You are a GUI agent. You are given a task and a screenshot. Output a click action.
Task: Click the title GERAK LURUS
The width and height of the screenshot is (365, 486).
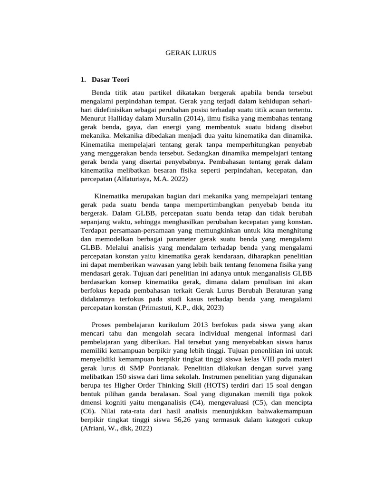pyautogui.click(x=191, y=53)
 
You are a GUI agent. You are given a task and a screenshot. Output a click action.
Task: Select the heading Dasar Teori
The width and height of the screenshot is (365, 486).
pyautogui.click(x=111, y=79)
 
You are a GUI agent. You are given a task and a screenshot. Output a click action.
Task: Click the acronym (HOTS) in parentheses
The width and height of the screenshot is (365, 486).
pyautogui.click(x=219, y=386)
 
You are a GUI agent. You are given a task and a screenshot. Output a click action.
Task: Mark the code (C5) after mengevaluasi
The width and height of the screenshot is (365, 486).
pyautogui.click(x=258, y=403)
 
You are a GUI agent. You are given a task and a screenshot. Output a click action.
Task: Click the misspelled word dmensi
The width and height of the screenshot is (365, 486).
pyautogui.click(x=92, y=403)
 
